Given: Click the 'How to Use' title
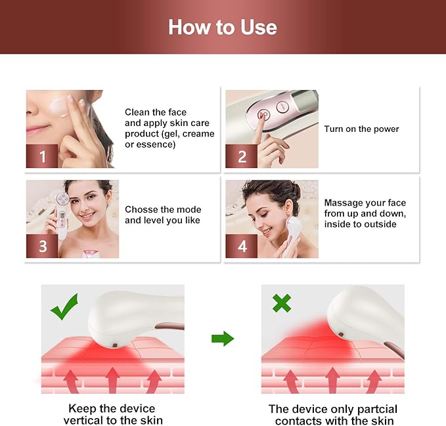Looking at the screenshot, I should tap(223, 27).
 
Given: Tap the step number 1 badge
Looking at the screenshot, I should tap(43, 156).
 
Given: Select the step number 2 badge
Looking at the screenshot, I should tap(242, 156).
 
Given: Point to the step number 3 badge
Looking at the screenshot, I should tap(43, 246).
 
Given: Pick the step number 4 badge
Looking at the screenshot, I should tap(242, 246).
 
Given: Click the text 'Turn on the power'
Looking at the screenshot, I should tap(361, 129).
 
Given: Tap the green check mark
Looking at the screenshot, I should tap(64, 307).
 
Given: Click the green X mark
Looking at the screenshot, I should tap(282, 303).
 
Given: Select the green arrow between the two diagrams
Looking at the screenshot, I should tap(223, 339).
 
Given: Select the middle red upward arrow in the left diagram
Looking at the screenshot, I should tap(112, 381).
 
